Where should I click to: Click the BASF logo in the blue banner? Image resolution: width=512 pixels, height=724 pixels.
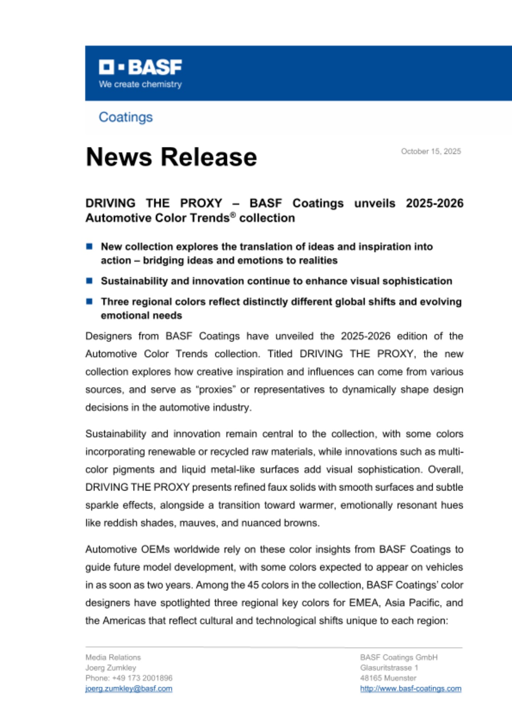click(x=140, y=67)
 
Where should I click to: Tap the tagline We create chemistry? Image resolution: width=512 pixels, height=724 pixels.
click(x=140, y=84)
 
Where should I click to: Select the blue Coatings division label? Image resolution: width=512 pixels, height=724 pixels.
click(x=126, y=117)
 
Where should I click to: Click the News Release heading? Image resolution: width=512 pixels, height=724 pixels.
click(x=171, y=157)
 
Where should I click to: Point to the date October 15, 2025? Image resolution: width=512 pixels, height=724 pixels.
click(x=431, y=151)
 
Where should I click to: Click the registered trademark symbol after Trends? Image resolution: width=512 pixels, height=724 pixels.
click(x=233, y=215)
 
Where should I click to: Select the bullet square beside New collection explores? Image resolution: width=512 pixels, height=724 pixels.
click(x=89, y=247)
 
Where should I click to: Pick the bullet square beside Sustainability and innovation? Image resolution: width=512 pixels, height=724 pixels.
click(x=89, y=281)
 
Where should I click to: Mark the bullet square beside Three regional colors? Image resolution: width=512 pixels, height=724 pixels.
click(x=89, y=302)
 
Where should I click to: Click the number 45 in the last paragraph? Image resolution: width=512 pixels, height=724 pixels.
click(x=253, y=585)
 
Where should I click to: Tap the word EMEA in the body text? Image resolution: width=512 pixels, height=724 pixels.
click(x=364, y=603)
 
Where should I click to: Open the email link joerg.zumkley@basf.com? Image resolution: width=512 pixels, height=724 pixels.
click(x=129, y=689)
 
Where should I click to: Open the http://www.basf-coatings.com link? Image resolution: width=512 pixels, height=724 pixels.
click(x=411, y=689)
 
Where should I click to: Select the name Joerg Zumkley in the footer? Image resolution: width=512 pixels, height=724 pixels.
click(x=111, y=668)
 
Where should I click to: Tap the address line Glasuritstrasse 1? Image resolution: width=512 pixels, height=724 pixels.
click(x=389, y=668)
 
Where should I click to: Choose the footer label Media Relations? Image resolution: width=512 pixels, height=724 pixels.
click(x=113, y=657)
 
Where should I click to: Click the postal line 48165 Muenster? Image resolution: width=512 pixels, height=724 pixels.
click(x=388, y=678)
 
